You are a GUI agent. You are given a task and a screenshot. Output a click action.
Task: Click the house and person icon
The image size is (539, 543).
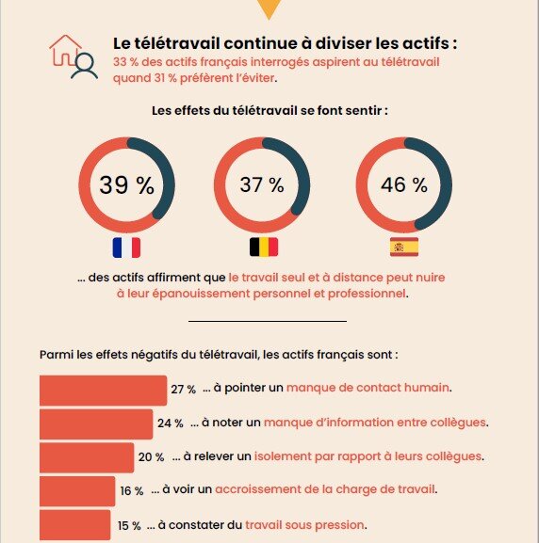(73, 56)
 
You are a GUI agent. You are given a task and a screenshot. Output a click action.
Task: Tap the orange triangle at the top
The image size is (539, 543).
(269, 8)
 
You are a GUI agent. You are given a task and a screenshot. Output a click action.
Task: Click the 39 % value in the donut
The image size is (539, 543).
(125, 184)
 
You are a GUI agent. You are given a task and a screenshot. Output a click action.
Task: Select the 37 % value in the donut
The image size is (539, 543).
(262, 184)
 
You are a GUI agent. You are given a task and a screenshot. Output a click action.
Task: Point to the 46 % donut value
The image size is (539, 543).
(403, 184)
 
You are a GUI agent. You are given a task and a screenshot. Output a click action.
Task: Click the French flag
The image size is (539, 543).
(125, 248)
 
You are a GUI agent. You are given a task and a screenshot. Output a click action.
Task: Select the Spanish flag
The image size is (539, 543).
(404, 248)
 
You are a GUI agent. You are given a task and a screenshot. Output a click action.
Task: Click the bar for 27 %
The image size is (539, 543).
(103, 390)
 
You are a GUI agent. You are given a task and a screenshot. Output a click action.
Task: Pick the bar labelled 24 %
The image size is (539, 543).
(96, 423)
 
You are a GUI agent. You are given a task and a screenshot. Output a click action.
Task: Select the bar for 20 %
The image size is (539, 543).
(87, 457)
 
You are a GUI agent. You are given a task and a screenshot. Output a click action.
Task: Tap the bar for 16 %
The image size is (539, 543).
(76, 490)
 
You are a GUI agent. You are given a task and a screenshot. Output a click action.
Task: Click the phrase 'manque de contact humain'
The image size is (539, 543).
(368, 388)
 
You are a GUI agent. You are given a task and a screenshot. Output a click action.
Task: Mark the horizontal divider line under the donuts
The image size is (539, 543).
(268, 322)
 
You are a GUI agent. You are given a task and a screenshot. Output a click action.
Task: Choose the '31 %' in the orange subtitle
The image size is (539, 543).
(171, 78)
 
